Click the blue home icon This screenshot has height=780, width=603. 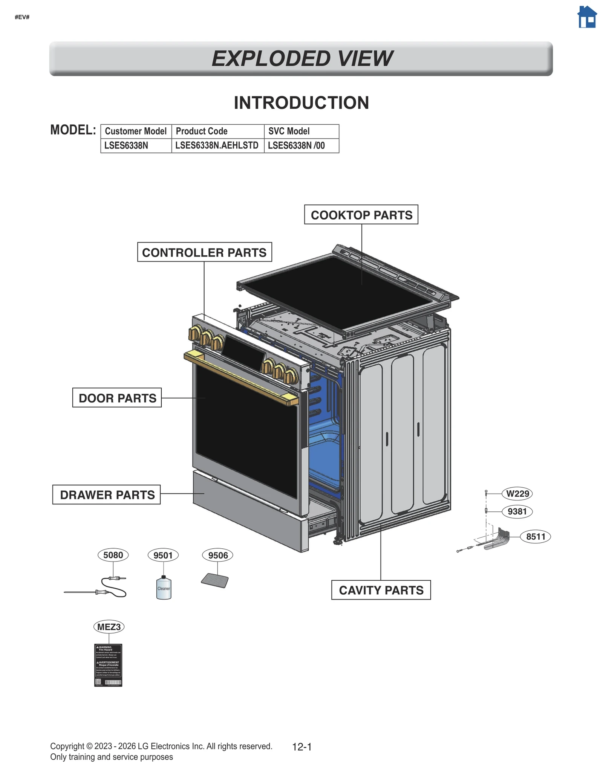(586, 17)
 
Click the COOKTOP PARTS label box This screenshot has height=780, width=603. (361, 215)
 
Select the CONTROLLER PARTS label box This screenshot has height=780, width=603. (204, 252)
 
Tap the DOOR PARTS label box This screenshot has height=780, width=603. (117, 398)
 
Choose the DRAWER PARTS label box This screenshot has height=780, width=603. (106, 495)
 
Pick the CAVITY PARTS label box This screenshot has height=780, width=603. (381, 590)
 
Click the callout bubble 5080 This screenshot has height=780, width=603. (113, 555)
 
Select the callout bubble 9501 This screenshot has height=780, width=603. (163, 555)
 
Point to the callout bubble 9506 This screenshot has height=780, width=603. (218, 555)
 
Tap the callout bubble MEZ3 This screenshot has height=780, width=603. (109, 627)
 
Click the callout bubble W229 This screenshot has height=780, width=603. (517, 493)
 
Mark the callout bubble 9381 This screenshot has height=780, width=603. (517, 511)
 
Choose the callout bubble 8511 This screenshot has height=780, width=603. (535, 536)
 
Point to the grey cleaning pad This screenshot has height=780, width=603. (215, 580)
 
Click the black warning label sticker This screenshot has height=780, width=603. (108, 665)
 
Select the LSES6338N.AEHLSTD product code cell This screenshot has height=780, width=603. (217, 145)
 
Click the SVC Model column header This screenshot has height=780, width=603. (301, 131)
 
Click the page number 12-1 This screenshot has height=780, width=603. (302, 747)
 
